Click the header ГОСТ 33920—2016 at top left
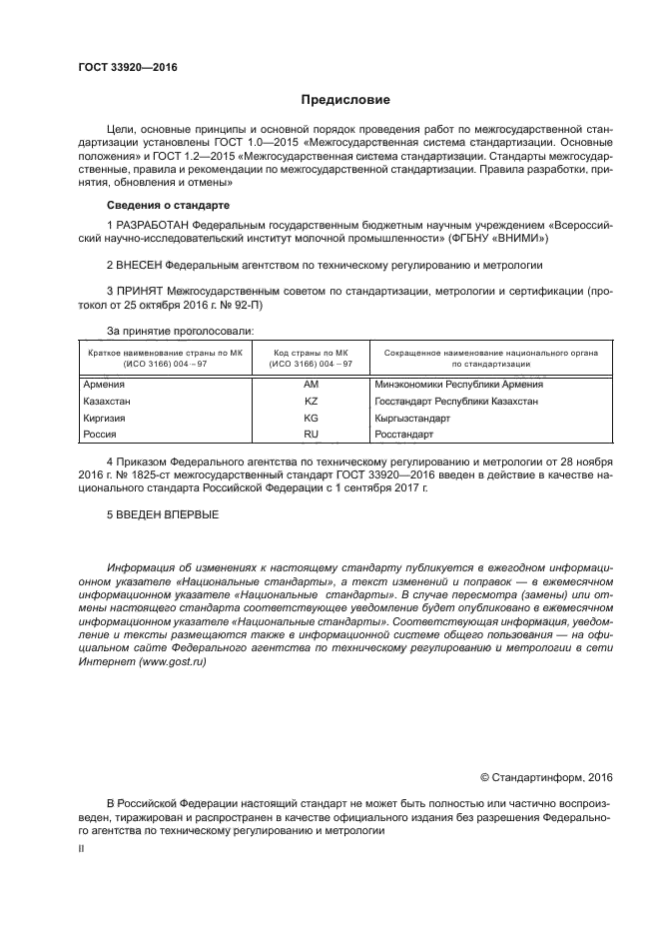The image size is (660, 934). [x=120, y=68]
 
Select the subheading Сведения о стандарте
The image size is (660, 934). [x=162, y=205]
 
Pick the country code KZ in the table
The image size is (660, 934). [x=311, y=402]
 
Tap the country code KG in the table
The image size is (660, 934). [x=311, y=419]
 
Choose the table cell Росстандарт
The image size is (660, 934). [x=404, y=436]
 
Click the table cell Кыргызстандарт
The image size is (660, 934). [x=411, y=419]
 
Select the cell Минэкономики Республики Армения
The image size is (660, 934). [x=458, y=385]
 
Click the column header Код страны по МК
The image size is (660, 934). [x=311, y=352]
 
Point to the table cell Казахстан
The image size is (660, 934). [x=106, y=402]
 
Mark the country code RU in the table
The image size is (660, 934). [x=311, y=436]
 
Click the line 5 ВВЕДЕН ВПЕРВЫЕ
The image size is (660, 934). [x=162, y=514]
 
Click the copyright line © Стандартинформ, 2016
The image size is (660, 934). [x=546, y=777]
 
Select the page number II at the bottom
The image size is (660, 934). [x=82, y=847]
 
